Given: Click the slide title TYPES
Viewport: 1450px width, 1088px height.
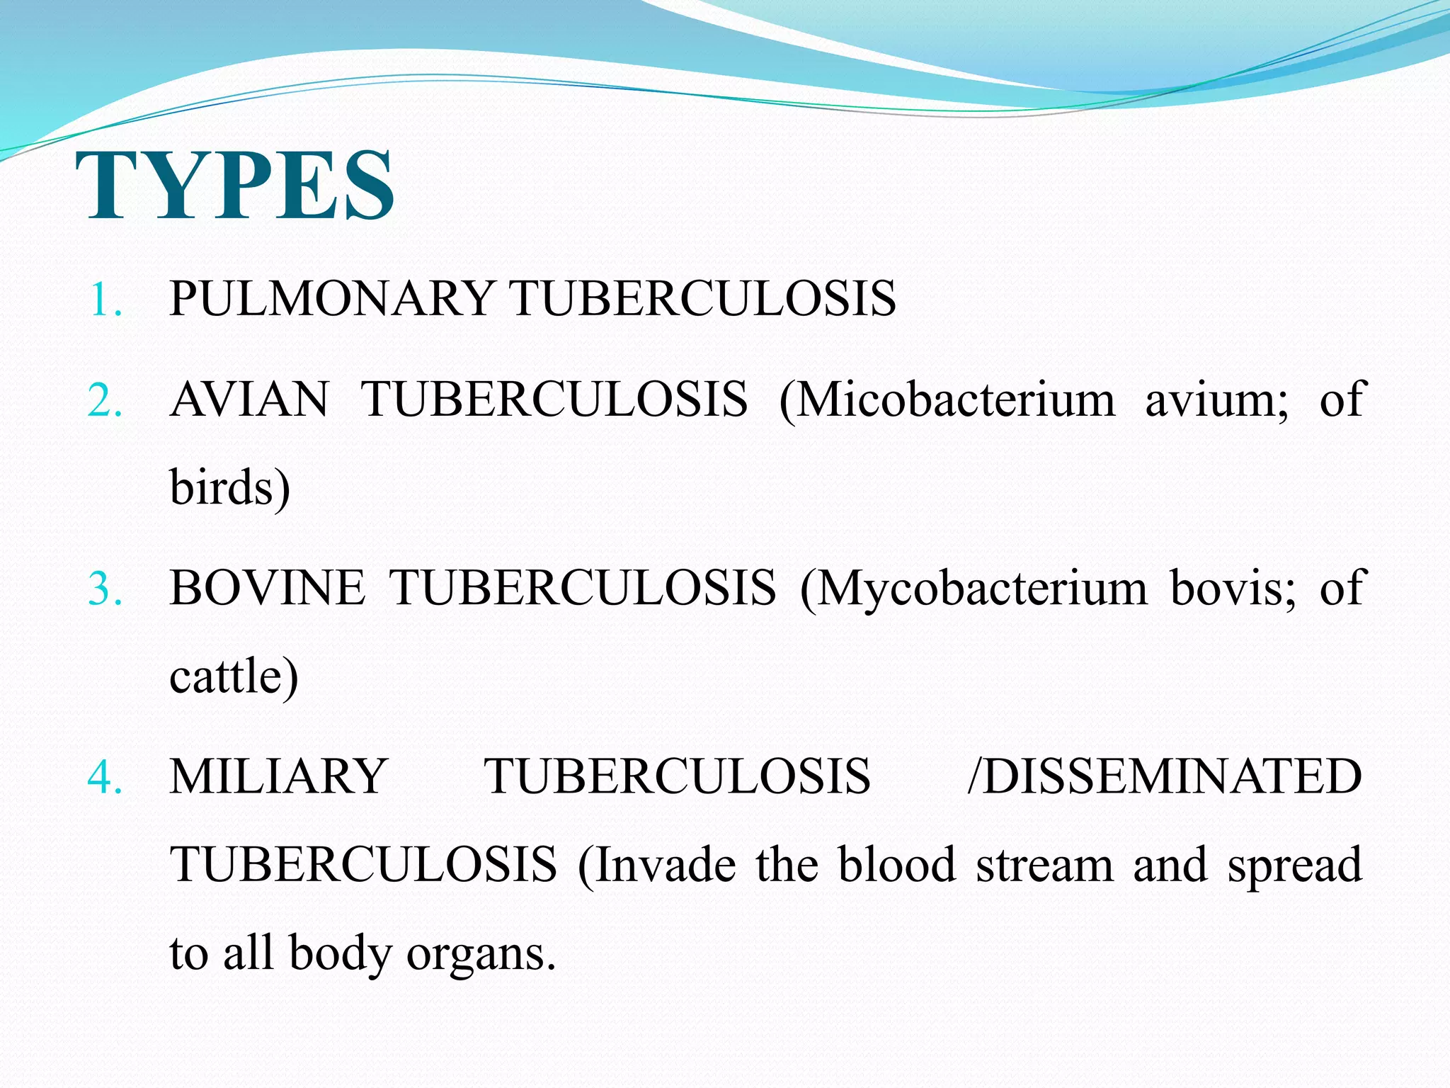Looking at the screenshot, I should click(x=235, y=186).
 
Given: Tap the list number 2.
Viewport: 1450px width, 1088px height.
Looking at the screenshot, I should click(x=105, y=401).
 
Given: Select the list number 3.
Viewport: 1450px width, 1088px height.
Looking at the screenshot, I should click(x=105, y=589).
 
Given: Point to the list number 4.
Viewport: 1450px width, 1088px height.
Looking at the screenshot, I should click(x=105, y=778).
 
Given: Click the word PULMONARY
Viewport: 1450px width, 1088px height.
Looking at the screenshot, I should click(x=331, y=298).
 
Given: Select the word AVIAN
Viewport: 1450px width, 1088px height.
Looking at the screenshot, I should click(x=249, y=399).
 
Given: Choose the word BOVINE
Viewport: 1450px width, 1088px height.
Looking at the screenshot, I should click(x=267, y=588).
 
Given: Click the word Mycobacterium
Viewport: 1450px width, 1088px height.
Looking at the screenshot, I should click(x=981, y=589).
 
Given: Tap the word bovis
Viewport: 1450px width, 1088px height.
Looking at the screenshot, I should click(x=1231, y=588).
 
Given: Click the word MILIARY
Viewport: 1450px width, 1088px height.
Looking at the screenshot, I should click(x=278, y=776).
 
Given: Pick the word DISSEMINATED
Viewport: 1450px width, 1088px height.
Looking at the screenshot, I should click(x=1172, y=776).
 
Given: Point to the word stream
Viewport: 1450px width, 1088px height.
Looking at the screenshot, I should click(x=1045, y=866).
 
